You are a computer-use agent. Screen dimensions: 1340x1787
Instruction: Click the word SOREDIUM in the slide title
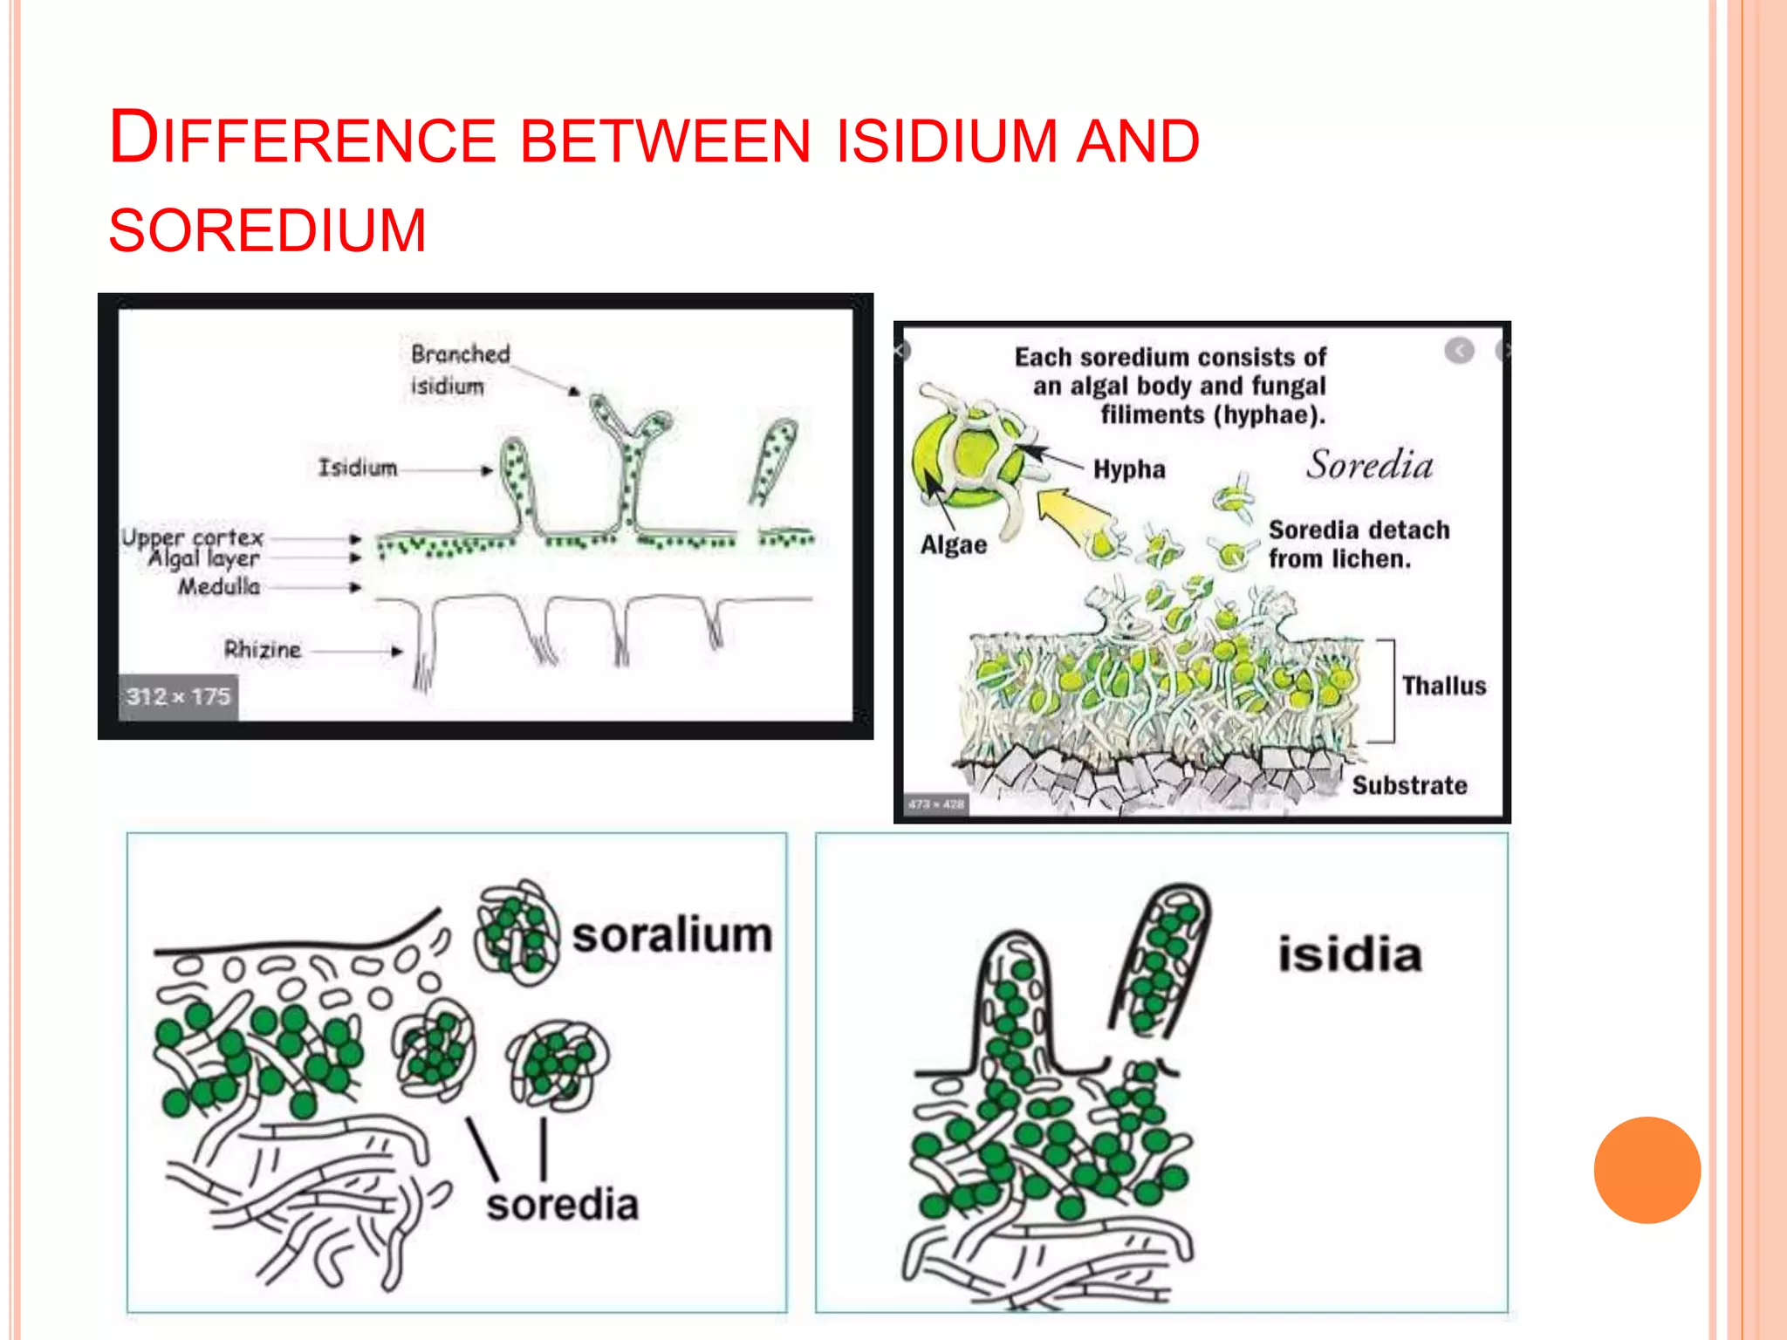267,231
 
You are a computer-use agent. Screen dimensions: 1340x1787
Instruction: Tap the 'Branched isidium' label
459,370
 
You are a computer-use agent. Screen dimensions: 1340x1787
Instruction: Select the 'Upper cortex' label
193,537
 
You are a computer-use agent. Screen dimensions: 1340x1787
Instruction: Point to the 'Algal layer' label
204,558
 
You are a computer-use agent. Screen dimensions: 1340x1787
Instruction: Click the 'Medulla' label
219,586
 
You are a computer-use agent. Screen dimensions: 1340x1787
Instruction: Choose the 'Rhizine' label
263,649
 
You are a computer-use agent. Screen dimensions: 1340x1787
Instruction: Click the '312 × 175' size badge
178,696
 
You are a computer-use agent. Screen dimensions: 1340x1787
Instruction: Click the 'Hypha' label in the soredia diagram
1129,469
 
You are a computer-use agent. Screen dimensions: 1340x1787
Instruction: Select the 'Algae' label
954,545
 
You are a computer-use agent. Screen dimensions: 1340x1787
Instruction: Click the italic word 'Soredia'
1369,465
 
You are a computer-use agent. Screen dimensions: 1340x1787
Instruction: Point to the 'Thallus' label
1444,686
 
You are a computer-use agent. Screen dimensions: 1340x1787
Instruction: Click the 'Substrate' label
1409,785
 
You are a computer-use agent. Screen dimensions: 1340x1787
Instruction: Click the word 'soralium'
672,935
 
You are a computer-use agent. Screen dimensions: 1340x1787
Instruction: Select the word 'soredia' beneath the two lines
563,1205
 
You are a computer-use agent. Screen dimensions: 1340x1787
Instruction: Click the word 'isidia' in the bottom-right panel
1350,954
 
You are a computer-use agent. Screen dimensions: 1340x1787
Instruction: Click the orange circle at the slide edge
1647,1170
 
